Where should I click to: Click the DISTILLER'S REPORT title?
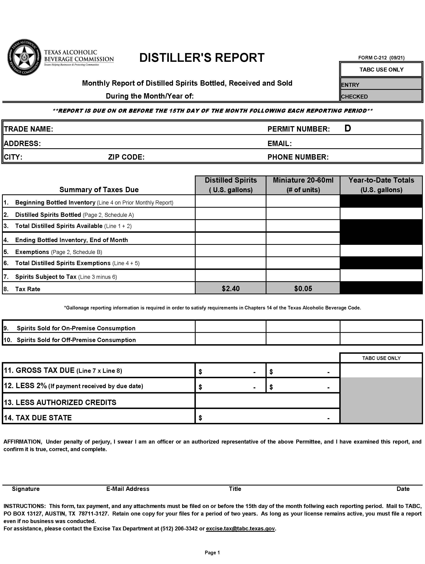click(202, 58)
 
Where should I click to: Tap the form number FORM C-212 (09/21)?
click(381, 58)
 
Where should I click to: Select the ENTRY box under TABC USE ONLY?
click(381, 84)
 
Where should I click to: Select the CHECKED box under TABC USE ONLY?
click(381, 96)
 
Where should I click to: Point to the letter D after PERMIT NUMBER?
click(347, 128)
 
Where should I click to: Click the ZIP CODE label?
click(126, 157)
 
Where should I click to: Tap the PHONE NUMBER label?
click(298, 157)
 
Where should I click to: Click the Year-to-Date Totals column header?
click(381, 185)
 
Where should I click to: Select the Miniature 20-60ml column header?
click(303, 185)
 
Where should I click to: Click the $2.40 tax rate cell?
click(231, 288)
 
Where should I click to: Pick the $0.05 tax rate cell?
click(303, 288)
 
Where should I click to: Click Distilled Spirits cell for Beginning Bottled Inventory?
click(231, 201)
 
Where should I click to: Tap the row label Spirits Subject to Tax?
click(46, 277)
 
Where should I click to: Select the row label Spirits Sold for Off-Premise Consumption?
click(76, 340)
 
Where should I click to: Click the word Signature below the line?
click(26, 489)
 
